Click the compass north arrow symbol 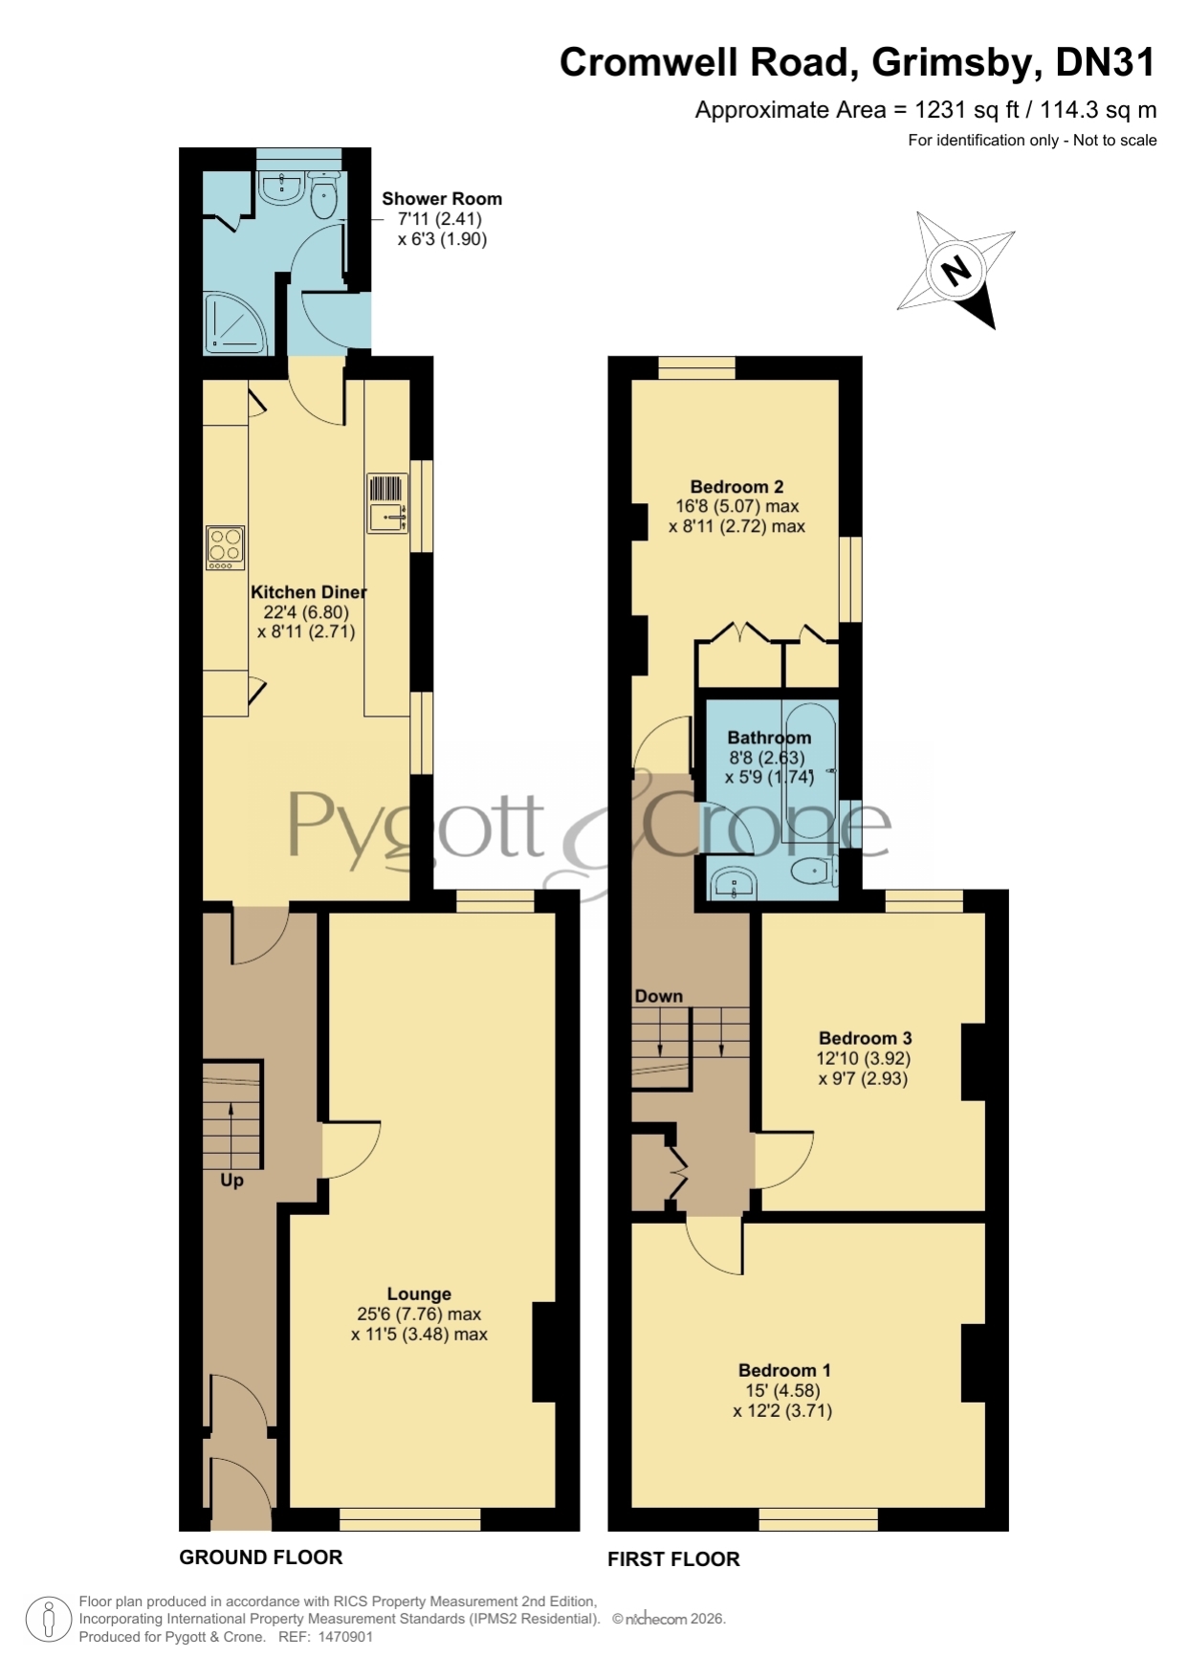(956, 270)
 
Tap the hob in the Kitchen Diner (226, 548)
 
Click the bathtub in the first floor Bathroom (809, 773)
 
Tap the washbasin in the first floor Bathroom (734, 882)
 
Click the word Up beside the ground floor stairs (231, 1181)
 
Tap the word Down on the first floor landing (659, 996)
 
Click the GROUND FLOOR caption (261, 1557)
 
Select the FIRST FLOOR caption (673, 1558)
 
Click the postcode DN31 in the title (1106, 62)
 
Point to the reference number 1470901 (344, 1637)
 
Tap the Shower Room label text (442, 198)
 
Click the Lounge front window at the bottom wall (410, 1519)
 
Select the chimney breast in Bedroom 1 (973, 1363)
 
